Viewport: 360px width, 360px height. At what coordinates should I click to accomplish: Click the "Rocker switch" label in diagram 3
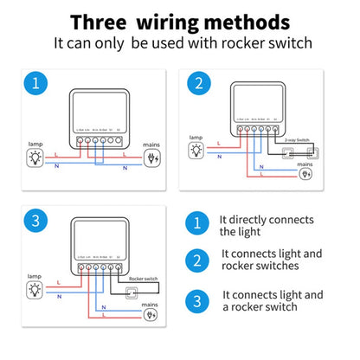click(143, 280)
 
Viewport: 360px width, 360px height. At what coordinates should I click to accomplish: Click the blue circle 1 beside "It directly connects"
click(198, 225)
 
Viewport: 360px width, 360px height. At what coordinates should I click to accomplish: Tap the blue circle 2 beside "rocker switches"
click(198, 260)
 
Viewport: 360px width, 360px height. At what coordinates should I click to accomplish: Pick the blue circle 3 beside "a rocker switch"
click(198, 300)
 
